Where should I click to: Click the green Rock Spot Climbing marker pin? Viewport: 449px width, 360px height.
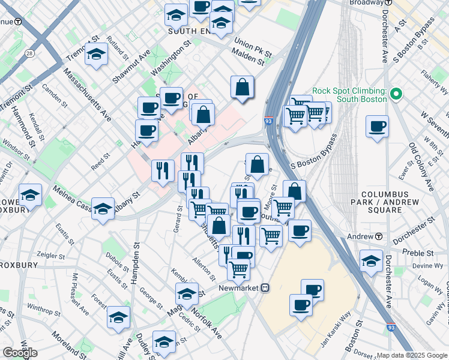click(x=395, y=94)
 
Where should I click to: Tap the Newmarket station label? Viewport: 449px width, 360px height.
click(x=243, y=287)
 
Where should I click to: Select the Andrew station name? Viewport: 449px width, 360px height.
click(x=361, y=237)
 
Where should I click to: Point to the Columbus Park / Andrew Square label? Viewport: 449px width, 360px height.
click(x=385, y=203)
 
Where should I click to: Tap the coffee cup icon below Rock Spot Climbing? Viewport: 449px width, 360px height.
click(x=377, y=127)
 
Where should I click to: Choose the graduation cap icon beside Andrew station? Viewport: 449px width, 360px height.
click(x=372, y=260)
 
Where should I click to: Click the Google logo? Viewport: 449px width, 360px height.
click(x=20, y=352)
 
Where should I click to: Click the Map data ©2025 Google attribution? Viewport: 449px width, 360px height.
click(x=411, y=355)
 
